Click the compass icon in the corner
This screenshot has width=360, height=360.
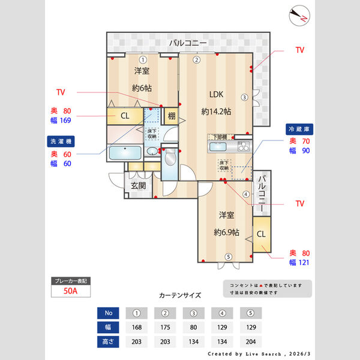(x=298, y=16)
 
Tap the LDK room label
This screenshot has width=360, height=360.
(x=216, y=94)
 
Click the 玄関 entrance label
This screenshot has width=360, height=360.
(x=138, y=186)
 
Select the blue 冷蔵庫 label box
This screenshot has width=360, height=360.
(x=301, y=129)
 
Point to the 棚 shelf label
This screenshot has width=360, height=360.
(x=172, y=116)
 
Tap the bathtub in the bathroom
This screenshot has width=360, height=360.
(x=124, y=152)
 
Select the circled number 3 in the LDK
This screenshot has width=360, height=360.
(x=244, y=97)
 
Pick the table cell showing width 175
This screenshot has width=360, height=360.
(x=166, y=328)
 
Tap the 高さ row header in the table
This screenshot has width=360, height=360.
(x=108, y=342)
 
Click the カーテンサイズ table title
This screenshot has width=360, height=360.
(x=180, y=296)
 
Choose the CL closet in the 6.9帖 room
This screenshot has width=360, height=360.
(x=262, y=234)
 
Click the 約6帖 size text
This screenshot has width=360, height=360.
(x=142, y=88)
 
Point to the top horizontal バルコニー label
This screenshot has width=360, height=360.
(x=188, y=43)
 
